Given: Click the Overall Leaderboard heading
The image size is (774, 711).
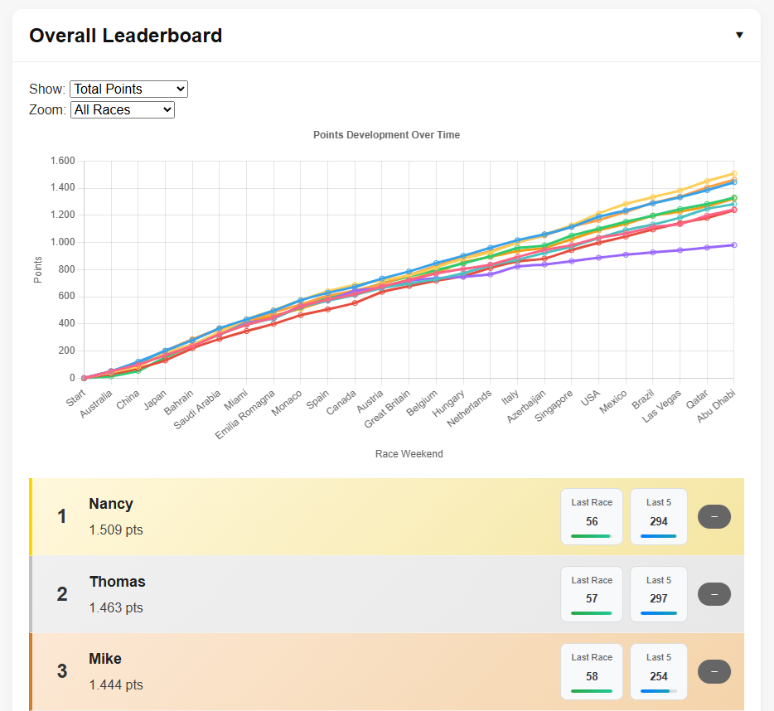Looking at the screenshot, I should point(126,36).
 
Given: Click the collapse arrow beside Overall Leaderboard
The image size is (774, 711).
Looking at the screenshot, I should point(739,35).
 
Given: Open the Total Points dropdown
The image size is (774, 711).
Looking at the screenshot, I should point(129,89).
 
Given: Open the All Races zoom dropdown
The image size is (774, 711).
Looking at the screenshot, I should point(123,109).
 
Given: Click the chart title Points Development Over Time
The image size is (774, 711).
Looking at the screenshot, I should point(386,135).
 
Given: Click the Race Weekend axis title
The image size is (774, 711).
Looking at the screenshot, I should point(409,453).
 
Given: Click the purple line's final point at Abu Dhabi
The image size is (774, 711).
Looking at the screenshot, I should point(734,244).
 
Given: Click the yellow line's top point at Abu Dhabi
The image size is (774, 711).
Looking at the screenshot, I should point(734,174).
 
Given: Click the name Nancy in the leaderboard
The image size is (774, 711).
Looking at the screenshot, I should point(111,504).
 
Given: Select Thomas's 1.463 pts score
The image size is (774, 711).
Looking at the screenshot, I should point(116,607).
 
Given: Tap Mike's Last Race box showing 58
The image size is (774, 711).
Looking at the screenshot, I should point(592,671).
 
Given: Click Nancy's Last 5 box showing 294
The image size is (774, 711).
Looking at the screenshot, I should point(659,516).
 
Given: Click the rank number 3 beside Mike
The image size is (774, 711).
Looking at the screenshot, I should point(62,671).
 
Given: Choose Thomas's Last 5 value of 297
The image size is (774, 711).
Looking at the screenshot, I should point(659,598).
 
